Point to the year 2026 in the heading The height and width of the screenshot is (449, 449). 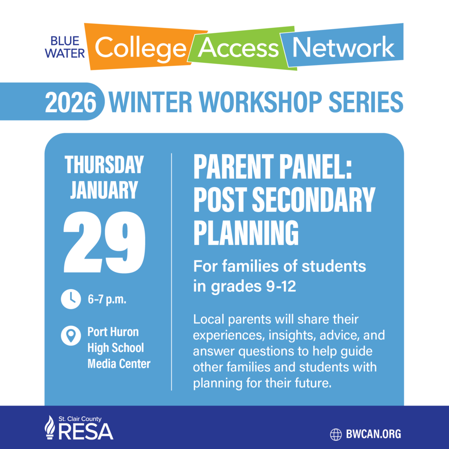(71, 102)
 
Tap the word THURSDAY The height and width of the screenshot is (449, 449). (104, 165)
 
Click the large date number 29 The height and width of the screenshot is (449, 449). (104, 242)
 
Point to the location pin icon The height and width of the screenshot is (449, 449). (70, 335)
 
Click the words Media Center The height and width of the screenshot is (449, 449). (119, 363)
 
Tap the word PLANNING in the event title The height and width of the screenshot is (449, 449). (246, 231)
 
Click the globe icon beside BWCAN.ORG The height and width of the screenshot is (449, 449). (336, 434)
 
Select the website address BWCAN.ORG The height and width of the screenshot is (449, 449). (374, 434)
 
